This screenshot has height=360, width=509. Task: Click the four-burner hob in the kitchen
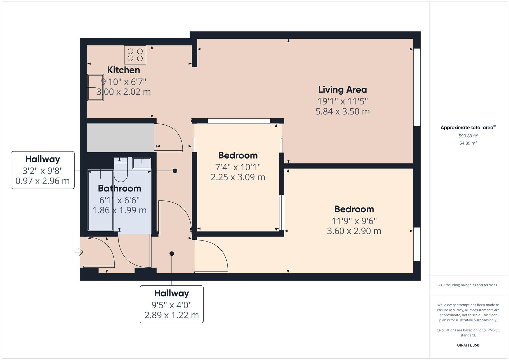click(135, 55)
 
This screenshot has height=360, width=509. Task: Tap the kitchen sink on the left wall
click(95, 87)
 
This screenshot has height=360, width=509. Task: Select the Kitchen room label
click(123, 70)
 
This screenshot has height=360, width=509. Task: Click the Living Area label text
click(342, 90)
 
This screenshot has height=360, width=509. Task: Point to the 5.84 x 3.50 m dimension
click(342, 111)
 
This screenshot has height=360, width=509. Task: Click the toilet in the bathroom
click(121, 171)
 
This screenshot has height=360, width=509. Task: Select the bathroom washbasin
click(142, 163)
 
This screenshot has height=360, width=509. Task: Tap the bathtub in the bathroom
click(100, 200)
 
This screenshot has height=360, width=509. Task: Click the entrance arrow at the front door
click(79, 252)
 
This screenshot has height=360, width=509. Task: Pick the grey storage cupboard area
click(120, 138)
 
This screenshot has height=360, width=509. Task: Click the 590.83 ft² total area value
click(468, 136)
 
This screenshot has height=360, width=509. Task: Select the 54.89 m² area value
click(468, 143)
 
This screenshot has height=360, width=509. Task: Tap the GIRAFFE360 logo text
click(468, 345)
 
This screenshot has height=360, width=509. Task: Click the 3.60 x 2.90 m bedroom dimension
click(354, 231)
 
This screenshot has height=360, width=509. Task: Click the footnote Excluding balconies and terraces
click(468, 285)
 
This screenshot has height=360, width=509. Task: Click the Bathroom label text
click(119, 188)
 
